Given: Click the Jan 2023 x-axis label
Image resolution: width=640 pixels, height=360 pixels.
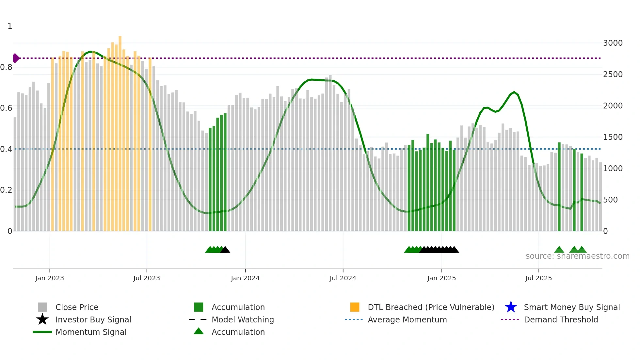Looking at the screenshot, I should (x=50, y=278).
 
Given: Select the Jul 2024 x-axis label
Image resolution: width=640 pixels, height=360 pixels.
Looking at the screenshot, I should (x=343, y=278).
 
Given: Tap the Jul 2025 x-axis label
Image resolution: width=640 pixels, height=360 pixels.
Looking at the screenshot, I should (x=538, y=278).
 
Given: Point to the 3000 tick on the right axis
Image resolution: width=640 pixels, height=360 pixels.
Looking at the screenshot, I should (x=613, y=43).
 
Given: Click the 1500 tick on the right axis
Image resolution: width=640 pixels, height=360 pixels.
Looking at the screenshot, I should (x=613, y=137).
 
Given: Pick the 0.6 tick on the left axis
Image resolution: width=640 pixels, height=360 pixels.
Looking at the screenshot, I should (x=6, y=108).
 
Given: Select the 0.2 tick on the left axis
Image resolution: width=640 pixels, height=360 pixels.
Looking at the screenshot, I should (x=6, y=190).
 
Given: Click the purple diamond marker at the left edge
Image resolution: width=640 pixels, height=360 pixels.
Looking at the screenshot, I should (x=16, y=58).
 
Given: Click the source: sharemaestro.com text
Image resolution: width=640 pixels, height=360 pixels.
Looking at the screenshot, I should (x=577, y=256).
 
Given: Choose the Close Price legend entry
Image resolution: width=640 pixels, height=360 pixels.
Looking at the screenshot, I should (x=76, y=307).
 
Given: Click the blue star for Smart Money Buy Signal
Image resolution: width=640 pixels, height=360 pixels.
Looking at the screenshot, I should (x=511, y=307).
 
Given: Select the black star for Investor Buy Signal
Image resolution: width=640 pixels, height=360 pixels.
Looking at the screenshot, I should (x=42, y=319).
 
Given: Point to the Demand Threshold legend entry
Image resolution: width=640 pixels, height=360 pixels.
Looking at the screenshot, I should (x=561, y=319).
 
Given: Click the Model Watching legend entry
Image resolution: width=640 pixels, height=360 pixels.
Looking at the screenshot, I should (x=242, y=319).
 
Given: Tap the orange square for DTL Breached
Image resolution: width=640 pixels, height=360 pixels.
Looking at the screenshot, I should (x=355, y=307).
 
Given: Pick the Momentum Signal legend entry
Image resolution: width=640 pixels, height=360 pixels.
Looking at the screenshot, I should (x=91, y=332).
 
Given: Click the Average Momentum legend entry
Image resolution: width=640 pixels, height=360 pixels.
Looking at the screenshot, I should (x=407, y=319).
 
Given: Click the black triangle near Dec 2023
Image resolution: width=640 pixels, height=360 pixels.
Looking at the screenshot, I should (x=225, y=250).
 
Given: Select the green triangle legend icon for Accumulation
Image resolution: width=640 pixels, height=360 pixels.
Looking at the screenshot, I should (x=199, y=331).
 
